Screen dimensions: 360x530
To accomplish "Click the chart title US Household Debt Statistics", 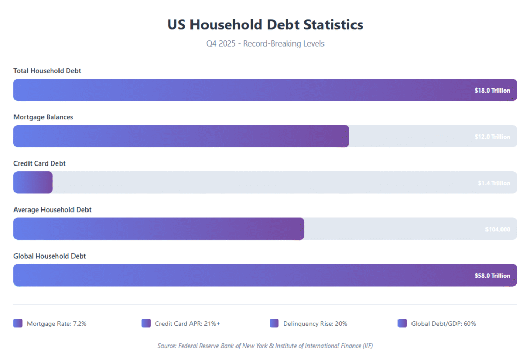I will point(265,24).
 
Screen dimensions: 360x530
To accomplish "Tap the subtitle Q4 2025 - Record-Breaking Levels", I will point(265,43).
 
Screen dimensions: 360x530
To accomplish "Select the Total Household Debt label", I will point(47,71).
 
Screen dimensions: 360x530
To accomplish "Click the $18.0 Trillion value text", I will point(492,91).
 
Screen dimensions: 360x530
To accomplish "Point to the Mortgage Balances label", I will point(43,117).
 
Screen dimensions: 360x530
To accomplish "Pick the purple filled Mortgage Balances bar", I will point(181,137).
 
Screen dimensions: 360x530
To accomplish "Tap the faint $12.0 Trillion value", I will point(492,137).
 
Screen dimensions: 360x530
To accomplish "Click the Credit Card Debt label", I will point(39,163).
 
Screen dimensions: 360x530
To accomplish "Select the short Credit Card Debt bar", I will point(33,183).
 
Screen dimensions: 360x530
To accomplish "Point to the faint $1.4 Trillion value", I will point(494,183).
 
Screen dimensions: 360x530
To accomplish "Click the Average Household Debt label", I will point(52,210).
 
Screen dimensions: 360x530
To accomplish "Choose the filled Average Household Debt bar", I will point(158,229).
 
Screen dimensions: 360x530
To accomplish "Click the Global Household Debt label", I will point(50,256).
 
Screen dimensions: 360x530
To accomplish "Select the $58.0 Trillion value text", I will point(492,276).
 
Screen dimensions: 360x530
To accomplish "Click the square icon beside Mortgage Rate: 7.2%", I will point(18,323).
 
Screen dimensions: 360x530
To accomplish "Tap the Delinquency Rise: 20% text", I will point(315,324).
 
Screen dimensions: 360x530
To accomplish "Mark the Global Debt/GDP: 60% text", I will point(443,324).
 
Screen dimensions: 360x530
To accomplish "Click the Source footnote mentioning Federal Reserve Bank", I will point(265,346).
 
